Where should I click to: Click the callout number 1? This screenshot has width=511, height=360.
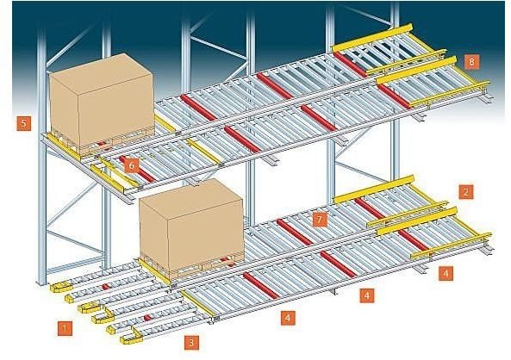click(x=65, y=328)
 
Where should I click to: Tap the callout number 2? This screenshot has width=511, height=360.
click(x=466, y=192)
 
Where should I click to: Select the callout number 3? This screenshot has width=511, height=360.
click(x=191, y=343)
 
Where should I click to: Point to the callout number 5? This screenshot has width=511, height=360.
click(x=24, y=123)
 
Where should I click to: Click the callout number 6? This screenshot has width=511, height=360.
click(x=131, y=165)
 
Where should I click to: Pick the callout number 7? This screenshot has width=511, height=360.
click(x=319, y=220)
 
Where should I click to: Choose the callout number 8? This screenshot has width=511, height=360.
click(x=472, y=61)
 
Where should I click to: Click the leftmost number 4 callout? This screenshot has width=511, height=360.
click(x=288, y=317)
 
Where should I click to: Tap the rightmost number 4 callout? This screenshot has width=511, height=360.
click(x=446, y=273)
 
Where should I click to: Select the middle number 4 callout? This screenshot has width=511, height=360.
click(x=367, y=295)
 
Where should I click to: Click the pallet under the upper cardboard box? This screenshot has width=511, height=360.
click(x=101, y=140)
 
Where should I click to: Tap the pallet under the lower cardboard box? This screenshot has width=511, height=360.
click(x=192, y=264)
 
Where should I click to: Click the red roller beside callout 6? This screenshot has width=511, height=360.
click(x=138, y=170)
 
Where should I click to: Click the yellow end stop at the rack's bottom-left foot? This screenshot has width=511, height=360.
click(x=60, y=287)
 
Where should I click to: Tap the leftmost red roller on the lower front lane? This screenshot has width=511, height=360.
click(x=261, y=285)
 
